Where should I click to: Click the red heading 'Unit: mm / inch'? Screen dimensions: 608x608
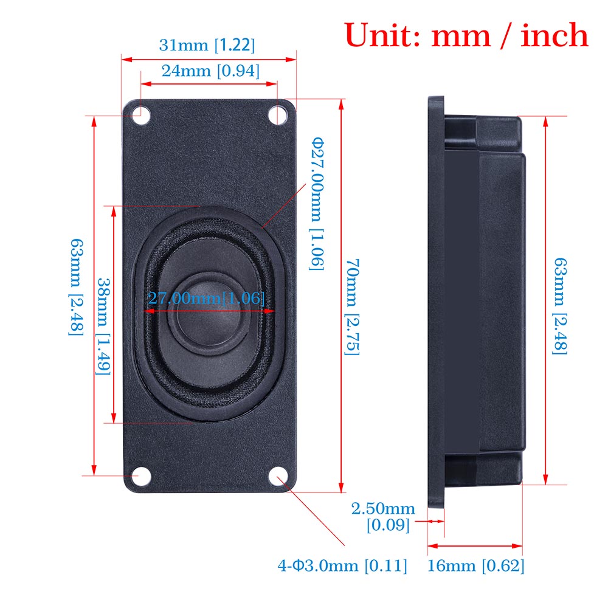pos(466,35)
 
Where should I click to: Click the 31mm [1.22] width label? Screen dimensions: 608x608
pos(207,45)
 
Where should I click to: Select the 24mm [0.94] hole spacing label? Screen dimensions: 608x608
pos(210,71)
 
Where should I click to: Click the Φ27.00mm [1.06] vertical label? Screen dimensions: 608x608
pos(317,204)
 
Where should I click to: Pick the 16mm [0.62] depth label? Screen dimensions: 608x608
pos(475,566)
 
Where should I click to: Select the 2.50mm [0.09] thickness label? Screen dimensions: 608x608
pos(383,516)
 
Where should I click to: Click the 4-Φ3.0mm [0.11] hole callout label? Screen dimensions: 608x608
pos(342,566)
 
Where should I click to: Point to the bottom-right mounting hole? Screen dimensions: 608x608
pos(278,476)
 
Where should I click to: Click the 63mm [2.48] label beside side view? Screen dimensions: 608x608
pos(560,304)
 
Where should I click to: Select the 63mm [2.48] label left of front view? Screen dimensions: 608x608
pos(76,286)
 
